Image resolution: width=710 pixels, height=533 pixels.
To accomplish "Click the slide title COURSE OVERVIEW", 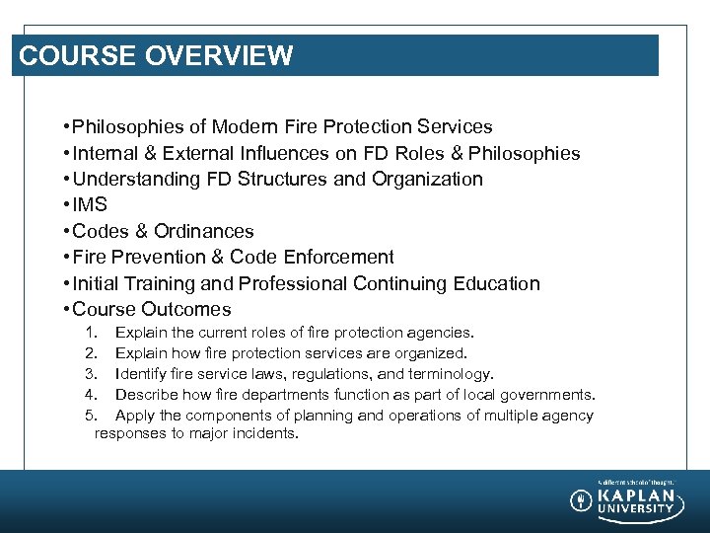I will tap(156, 55).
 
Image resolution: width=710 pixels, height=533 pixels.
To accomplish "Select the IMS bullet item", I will tap(91, 205).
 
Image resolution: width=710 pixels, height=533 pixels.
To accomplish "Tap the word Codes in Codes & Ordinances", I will tap(101, 231).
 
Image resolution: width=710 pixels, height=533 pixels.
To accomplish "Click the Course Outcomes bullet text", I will tap(152, 309).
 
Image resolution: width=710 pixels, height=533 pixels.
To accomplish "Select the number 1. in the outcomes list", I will tap(91, 333).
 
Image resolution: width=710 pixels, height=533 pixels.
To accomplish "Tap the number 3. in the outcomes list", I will tap(91, 374).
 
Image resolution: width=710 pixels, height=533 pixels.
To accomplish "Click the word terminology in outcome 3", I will tap(450, 374).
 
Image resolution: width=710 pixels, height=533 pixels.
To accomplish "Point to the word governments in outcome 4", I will tap(552, 395).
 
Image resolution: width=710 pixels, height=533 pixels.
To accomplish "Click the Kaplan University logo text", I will tap(637, 501).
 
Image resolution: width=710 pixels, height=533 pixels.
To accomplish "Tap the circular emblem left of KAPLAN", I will tap(582, 500).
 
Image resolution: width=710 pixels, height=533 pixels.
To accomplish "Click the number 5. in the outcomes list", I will tap(91, 416).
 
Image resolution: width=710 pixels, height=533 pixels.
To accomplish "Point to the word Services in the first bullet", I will tap(455, 127).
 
